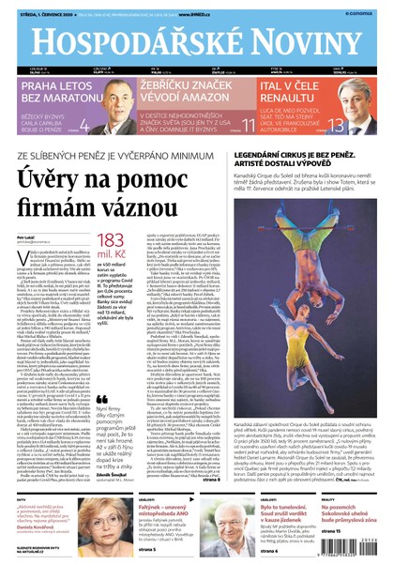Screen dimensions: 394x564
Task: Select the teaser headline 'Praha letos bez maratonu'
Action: pos(48,90)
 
